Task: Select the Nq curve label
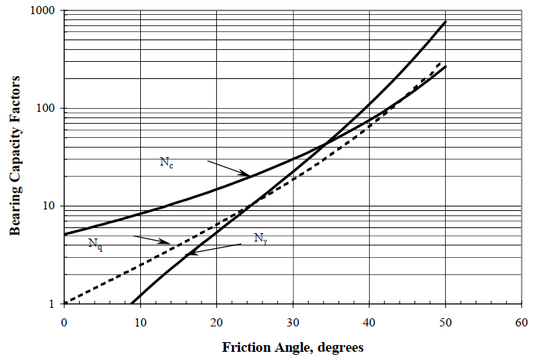click(95, 244)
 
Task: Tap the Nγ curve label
click(259, 239)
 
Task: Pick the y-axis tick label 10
click(51, 206)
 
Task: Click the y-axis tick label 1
click(54, 304)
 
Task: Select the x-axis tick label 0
click(64, 322)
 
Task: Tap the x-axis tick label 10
click(140, 322)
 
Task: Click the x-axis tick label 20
click(216, 322)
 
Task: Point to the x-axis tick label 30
click(293, 322)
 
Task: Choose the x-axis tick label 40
click(369, 322)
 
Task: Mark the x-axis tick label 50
click(445, 322)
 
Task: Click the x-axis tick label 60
click(521, 322)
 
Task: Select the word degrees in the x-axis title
click(338, 347)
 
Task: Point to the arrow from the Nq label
click(153, 240)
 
